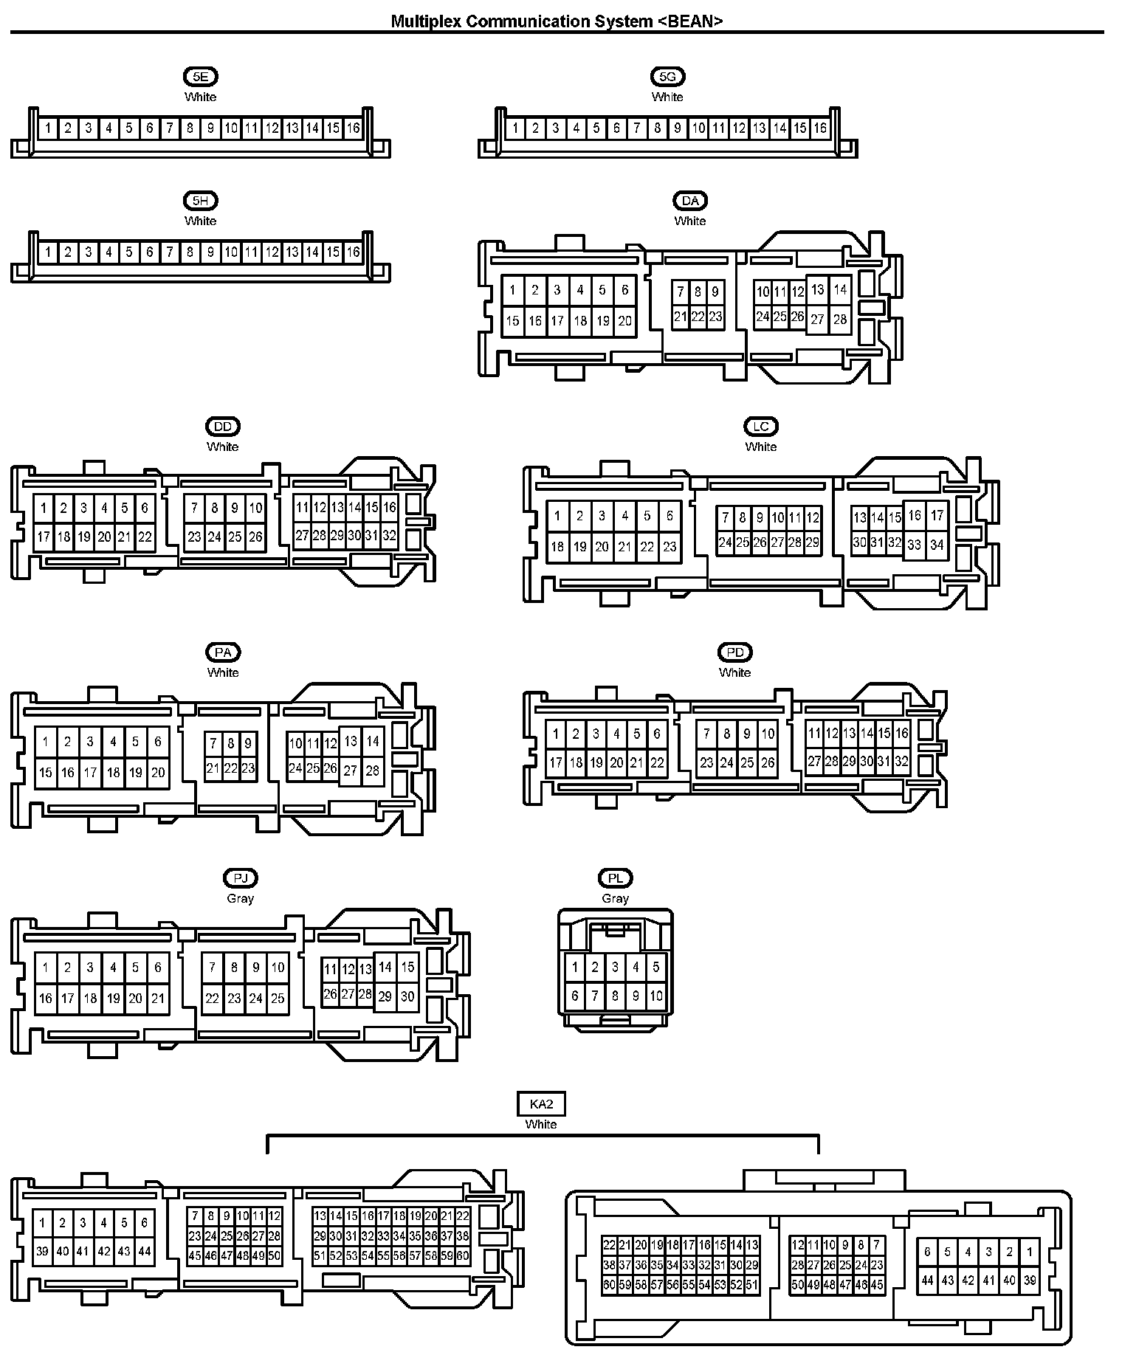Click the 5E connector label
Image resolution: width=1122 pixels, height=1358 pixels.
click(200, 76)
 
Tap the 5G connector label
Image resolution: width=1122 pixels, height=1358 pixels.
click(667, 76)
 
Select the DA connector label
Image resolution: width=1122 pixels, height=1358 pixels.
click(690, 200)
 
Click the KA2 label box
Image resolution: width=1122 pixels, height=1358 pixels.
click(541, 1104)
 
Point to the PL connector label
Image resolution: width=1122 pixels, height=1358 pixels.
click(615, 878)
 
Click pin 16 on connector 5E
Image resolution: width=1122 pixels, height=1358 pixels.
click(354, 128)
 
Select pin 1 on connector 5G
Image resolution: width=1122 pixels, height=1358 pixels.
click(515, 128)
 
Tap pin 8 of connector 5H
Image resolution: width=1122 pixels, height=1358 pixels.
click(190, 252)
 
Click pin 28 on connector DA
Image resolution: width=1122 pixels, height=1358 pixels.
click(840, 320)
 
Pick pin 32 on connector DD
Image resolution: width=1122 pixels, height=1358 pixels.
click(390, 536)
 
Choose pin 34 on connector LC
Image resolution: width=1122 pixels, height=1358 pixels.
click(937, 545)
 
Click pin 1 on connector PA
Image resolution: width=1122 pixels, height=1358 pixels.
click(46, 742)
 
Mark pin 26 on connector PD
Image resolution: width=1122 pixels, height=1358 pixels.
click(768, 762)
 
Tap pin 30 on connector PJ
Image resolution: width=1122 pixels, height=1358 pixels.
click(407, 996)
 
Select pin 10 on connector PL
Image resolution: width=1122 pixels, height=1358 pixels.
click(656, 996)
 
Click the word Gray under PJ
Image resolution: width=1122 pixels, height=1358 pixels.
click(240, 898)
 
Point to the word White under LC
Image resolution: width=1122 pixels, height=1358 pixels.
click(760, 447)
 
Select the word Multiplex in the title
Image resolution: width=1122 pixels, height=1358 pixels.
click(426, 21)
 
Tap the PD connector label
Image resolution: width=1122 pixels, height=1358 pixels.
click(734, 652)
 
